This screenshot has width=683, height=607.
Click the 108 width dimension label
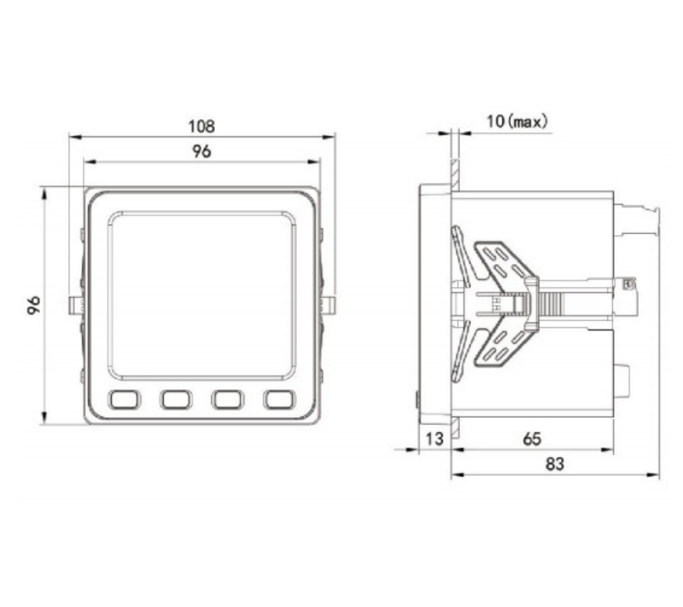[x=201, y=126]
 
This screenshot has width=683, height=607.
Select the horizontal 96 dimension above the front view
[x=201, y=151]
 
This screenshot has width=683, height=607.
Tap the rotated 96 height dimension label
[x=34, y=305]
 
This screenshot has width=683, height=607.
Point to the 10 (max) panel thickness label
[x=517, y=121]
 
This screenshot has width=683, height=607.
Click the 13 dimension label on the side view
[x=434, y=438]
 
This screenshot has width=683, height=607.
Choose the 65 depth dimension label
[x=532, y=439]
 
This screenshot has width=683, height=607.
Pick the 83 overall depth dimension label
[x=555, y=464]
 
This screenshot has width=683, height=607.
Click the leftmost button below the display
[x=124, y=399]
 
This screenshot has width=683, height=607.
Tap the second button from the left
[x=176, y=399]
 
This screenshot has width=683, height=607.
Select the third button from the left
[x=228, y=399]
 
